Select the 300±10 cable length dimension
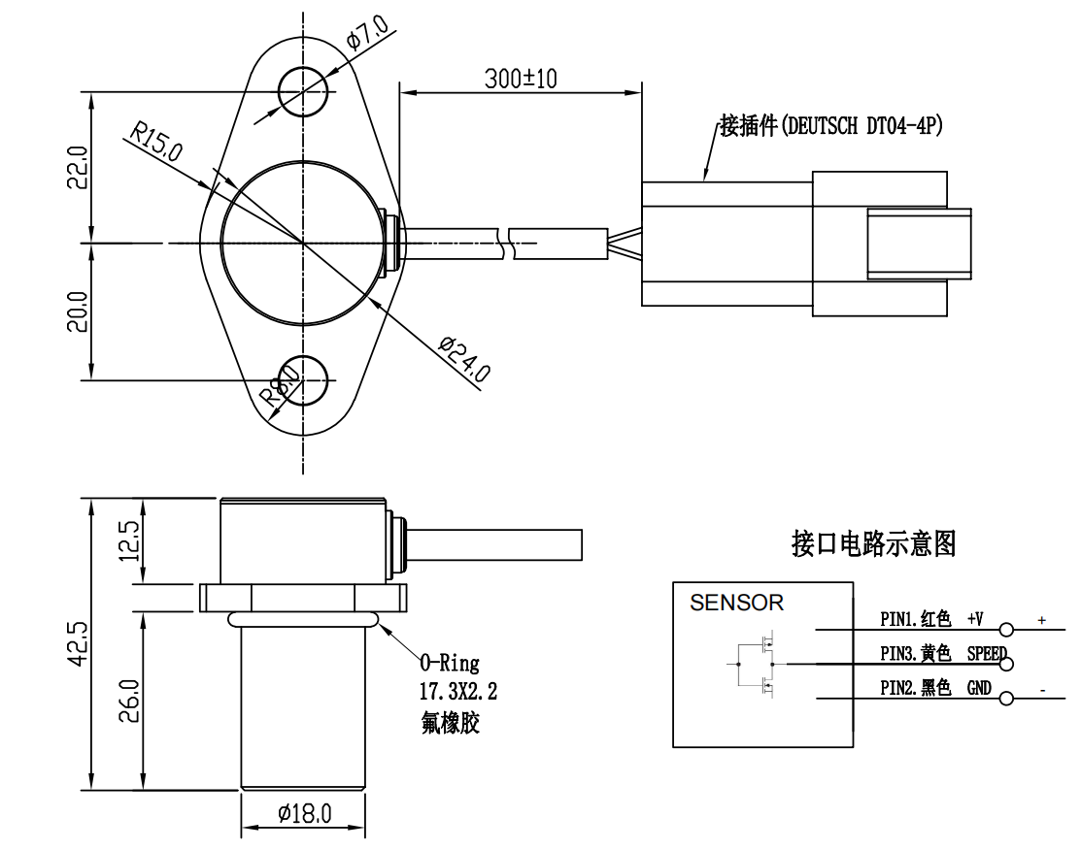tap(521, 79)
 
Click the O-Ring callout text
tap(450, 664)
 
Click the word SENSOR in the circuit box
tap(736, 603)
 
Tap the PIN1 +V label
tap(932, 618)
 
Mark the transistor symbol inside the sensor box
tap(760, 664)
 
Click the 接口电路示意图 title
tap(874, 545)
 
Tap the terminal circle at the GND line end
tap(1006, 699)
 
